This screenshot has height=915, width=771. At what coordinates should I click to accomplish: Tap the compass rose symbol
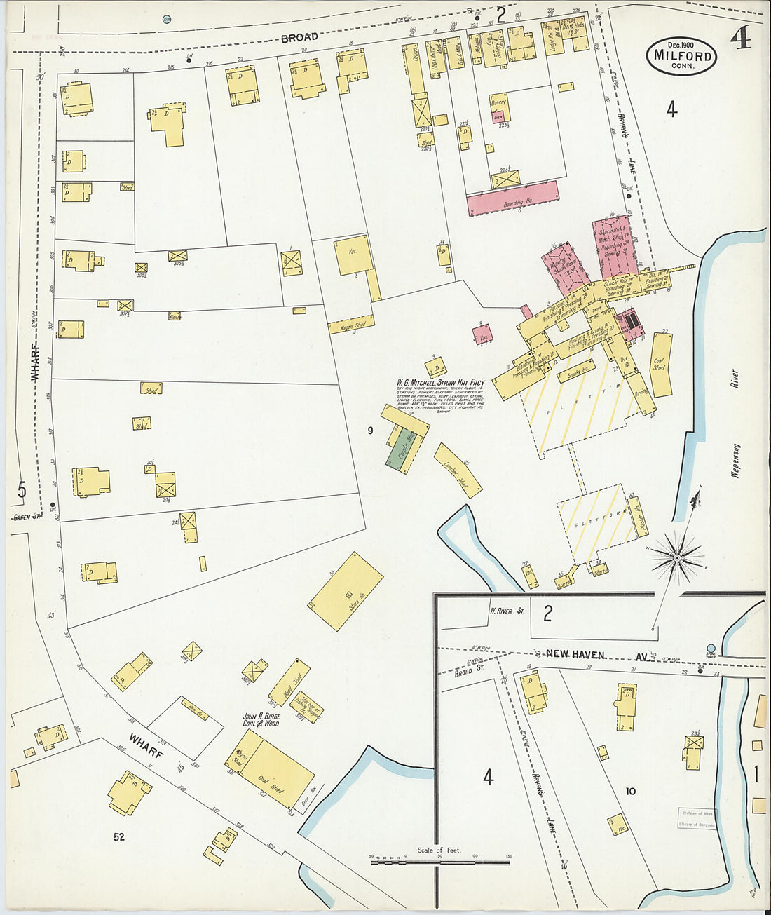pos(677,557)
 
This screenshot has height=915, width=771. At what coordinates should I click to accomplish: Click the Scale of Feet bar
pos(439,860)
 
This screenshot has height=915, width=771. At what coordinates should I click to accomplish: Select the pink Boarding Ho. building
pos(513,198)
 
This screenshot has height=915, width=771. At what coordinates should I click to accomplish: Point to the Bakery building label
pos(498,103)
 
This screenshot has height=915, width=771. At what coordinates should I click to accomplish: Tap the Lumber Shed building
pos(458,470)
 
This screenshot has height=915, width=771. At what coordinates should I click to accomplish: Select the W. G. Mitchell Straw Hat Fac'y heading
pos(441,384)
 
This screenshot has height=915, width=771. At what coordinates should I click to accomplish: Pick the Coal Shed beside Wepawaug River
pos(660,365)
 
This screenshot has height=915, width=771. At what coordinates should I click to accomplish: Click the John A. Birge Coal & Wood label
pos(261,719)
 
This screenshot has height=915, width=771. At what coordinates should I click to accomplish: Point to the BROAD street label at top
pos(299,37)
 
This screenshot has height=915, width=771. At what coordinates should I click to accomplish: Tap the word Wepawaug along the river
pos(735,459)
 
